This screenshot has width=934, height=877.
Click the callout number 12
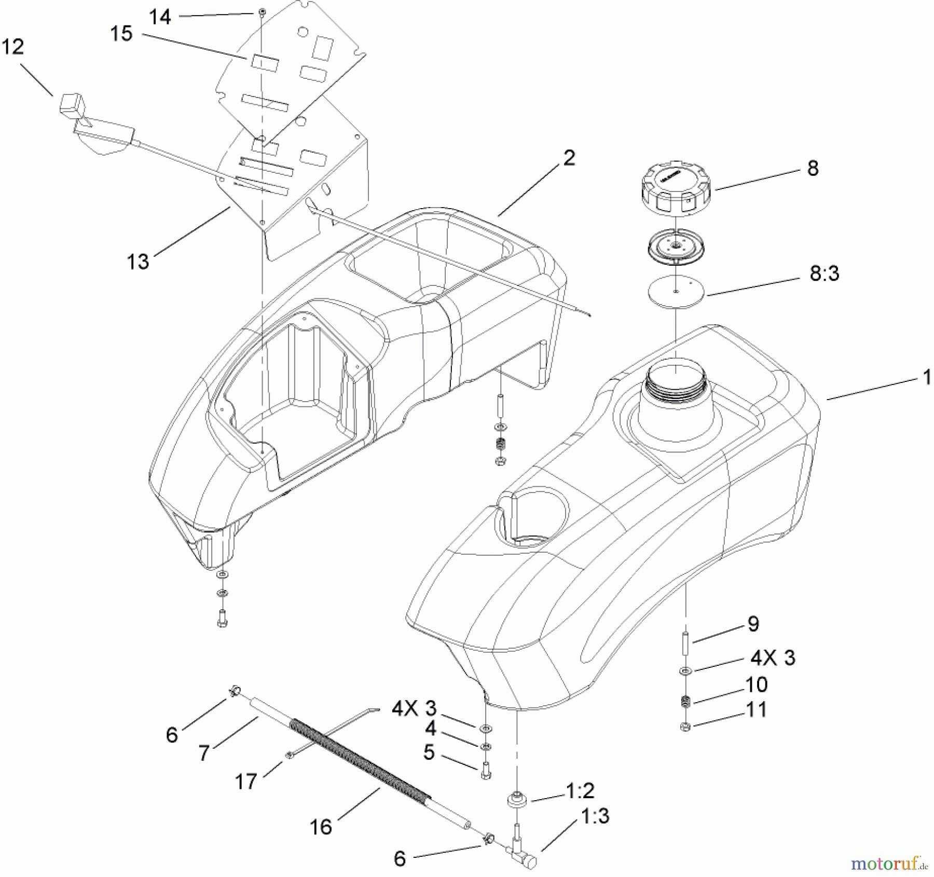point(13,47)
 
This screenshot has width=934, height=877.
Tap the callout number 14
point(160,17)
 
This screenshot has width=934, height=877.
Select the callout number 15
point(121,34)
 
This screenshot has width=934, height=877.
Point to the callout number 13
point(138,262)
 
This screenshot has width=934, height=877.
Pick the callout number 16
point(321,827)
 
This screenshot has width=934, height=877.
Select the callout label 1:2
point(580,791)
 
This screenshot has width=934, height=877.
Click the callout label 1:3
point(595,816)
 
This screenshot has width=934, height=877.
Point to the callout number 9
point(753,624)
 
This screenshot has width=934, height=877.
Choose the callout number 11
point(756,709)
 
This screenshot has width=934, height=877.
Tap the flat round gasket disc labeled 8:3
point(676,292)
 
